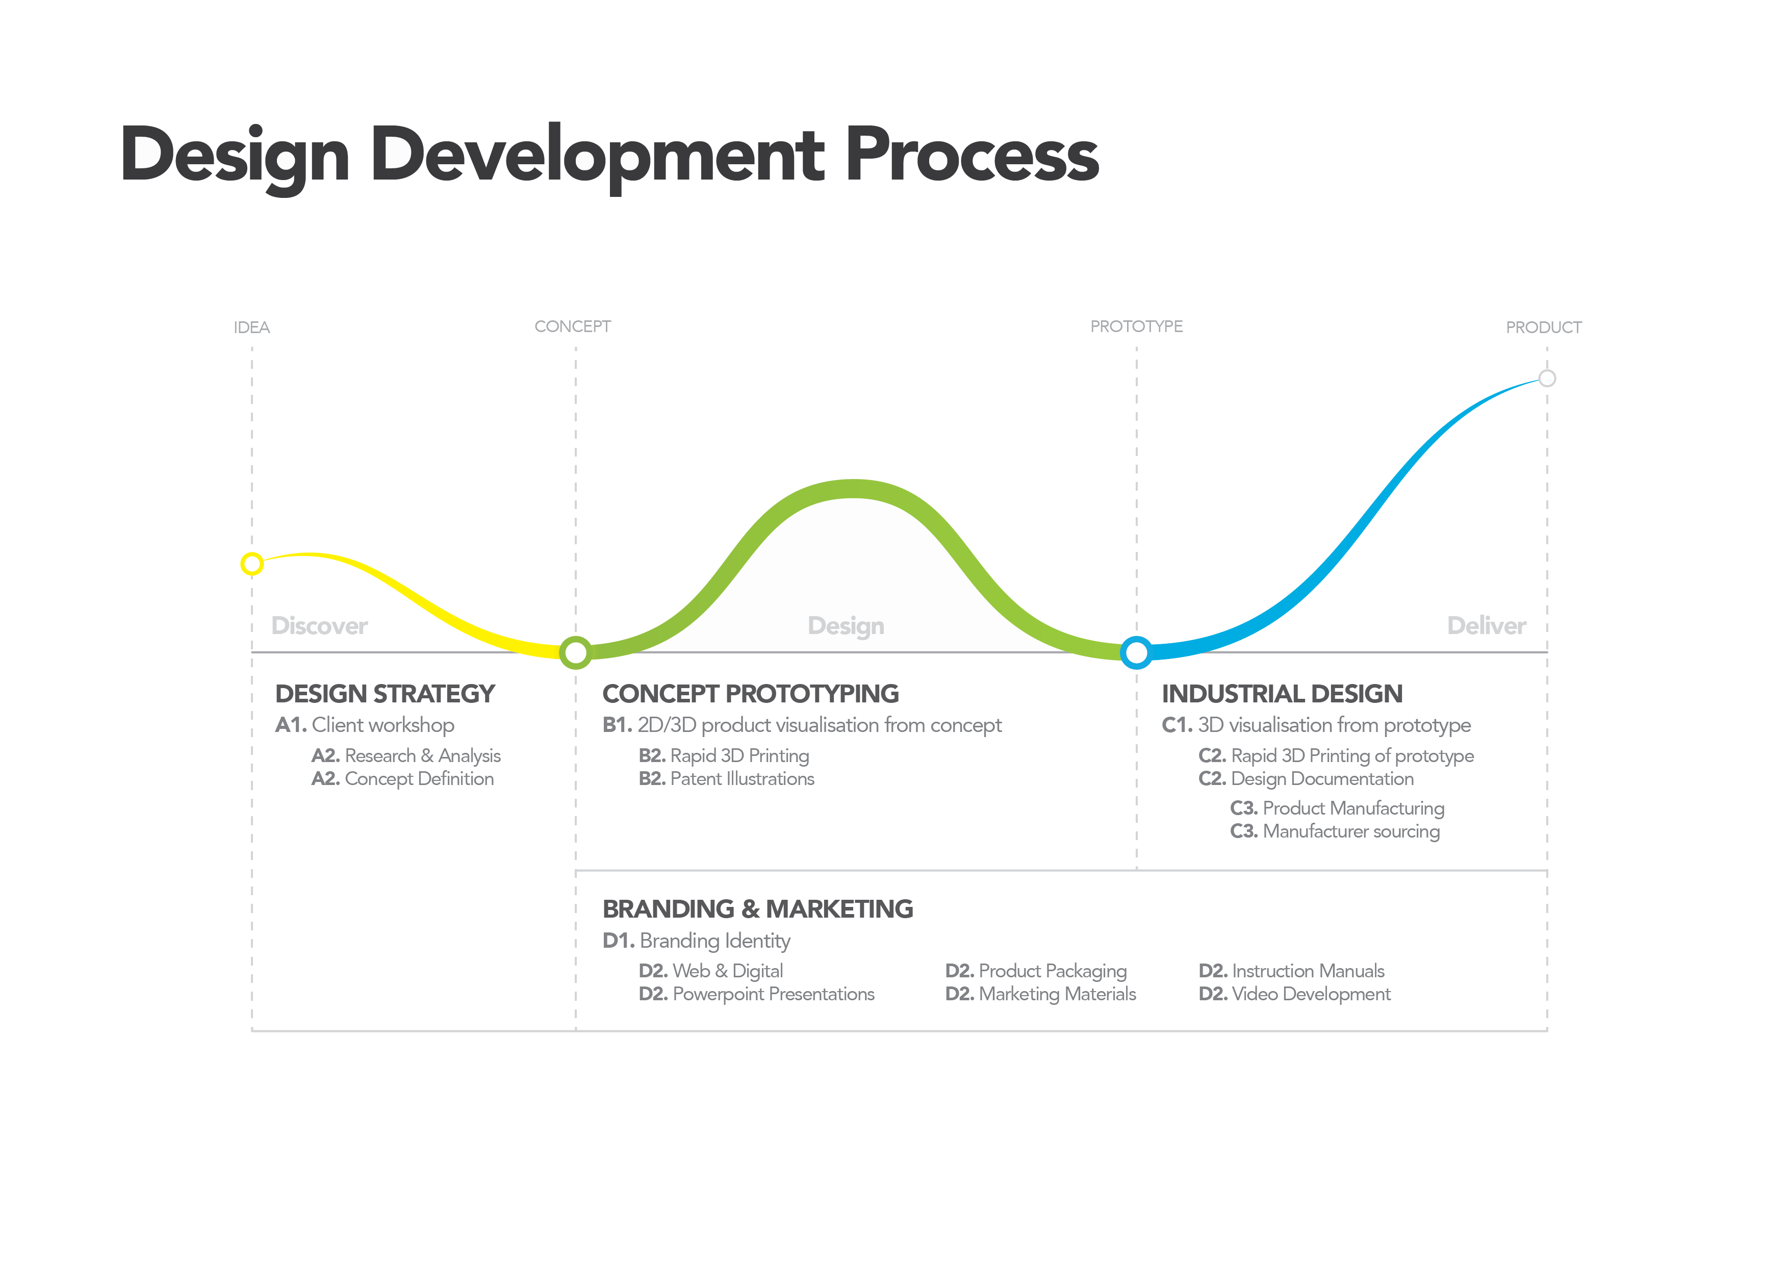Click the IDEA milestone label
[x=252, y=327]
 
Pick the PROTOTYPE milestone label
[x=1136, y=326]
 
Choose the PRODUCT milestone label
[x=1544, y=327]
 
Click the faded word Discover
[x=319, y=626]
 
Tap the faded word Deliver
[x=1487, y=626]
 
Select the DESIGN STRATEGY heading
[x=385, y=694]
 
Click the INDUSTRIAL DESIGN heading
[x=1282, y=694]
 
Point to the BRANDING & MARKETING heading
[x=757, y=909]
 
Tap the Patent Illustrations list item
[x=726, y=779]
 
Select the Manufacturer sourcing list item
[x=1335, y=831]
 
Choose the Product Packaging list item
[x=1036, y=971]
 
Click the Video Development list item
[x=1294, y=995]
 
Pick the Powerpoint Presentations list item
[x=757, y=995]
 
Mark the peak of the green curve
[x=853, y=489]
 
